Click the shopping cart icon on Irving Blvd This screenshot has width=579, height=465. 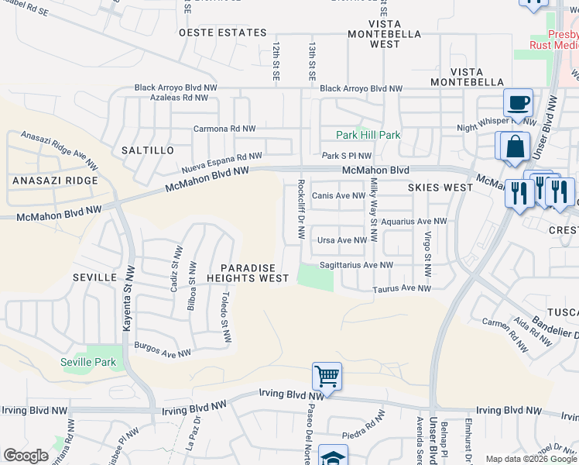pyautogui.click(x=327, y=377)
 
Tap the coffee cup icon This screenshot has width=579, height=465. pyautogui.click(x=518, y=102)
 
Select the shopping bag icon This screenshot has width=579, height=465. pyautogui.click(x=515, y=146)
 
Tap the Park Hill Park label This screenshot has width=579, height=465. pyautogui.click(x=368, y=135)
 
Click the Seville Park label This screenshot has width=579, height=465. pyautogui.click(x=87, y=362)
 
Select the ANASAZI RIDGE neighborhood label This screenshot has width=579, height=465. pyautogui.click(x=55, y=181)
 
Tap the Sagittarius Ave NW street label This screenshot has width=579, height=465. pyautogui.click(x=356, y=264)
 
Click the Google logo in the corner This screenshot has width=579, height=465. pyautogui.click(x=26, y=456)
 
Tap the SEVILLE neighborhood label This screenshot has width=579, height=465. pyautogui.click(x=94, y=277)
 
